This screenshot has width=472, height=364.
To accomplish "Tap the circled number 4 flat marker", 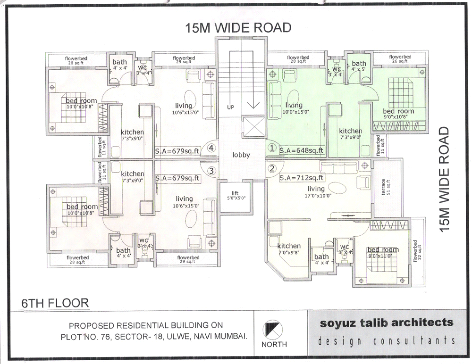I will point(211,148).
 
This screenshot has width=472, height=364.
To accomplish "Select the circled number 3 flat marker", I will point(212,170).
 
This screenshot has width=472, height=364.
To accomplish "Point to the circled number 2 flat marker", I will point(271,168).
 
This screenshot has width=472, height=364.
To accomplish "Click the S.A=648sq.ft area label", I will point(302,151).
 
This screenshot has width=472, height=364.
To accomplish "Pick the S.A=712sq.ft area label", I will point(301,178).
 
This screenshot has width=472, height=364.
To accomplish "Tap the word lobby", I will point(241,155).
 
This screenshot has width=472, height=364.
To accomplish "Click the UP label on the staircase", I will point(230,108).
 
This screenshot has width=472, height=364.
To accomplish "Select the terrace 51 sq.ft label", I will point(386,186).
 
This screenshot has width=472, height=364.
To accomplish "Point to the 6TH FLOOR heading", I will point(55,302).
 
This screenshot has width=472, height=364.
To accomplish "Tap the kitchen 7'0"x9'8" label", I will point(289,249).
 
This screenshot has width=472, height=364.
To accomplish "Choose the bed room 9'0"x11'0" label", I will point(383,253).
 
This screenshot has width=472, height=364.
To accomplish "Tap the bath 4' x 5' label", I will point(359,66).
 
